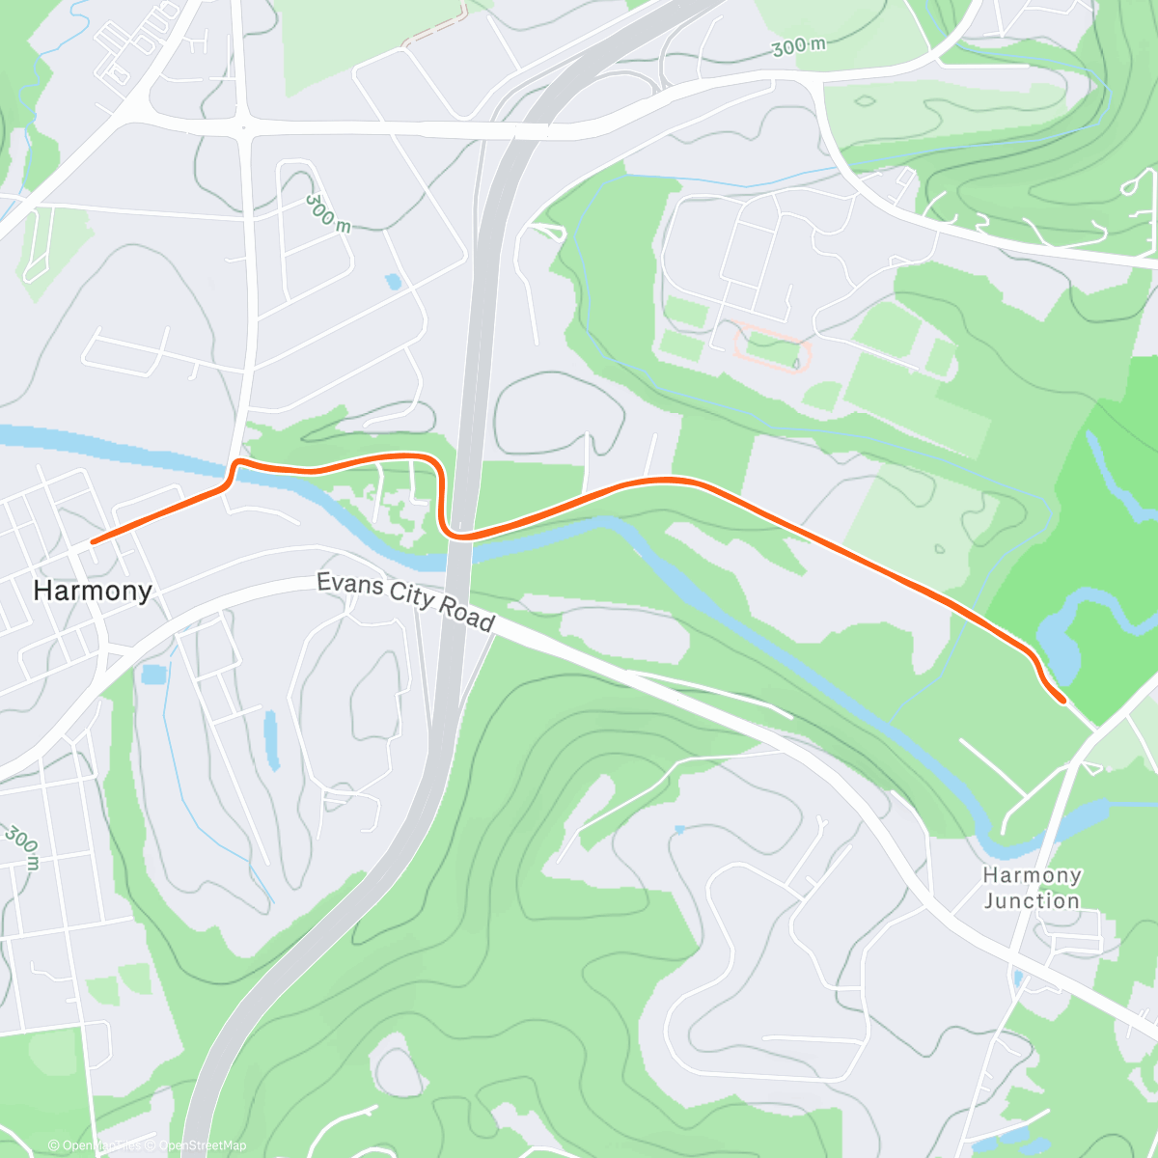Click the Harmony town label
pos(93,591)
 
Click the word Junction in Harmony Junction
pos(1032,901)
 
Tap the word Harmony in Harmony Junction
pos(1032,876)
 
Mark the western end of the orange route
pos(93,542)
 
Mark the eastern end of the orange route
pos(1062,701)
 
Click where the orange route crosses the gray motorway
pos(460,537)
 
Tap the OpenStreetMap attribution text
pos(203,1145)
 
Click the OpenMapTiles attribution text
pos(101,1145)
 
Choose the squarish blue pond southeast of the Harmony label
pos(153,674)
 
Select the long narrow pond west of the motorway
pos(271,740)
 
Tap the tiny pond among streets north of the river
pos(393,282)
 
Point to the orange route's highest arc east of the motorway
pos(666,480)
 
